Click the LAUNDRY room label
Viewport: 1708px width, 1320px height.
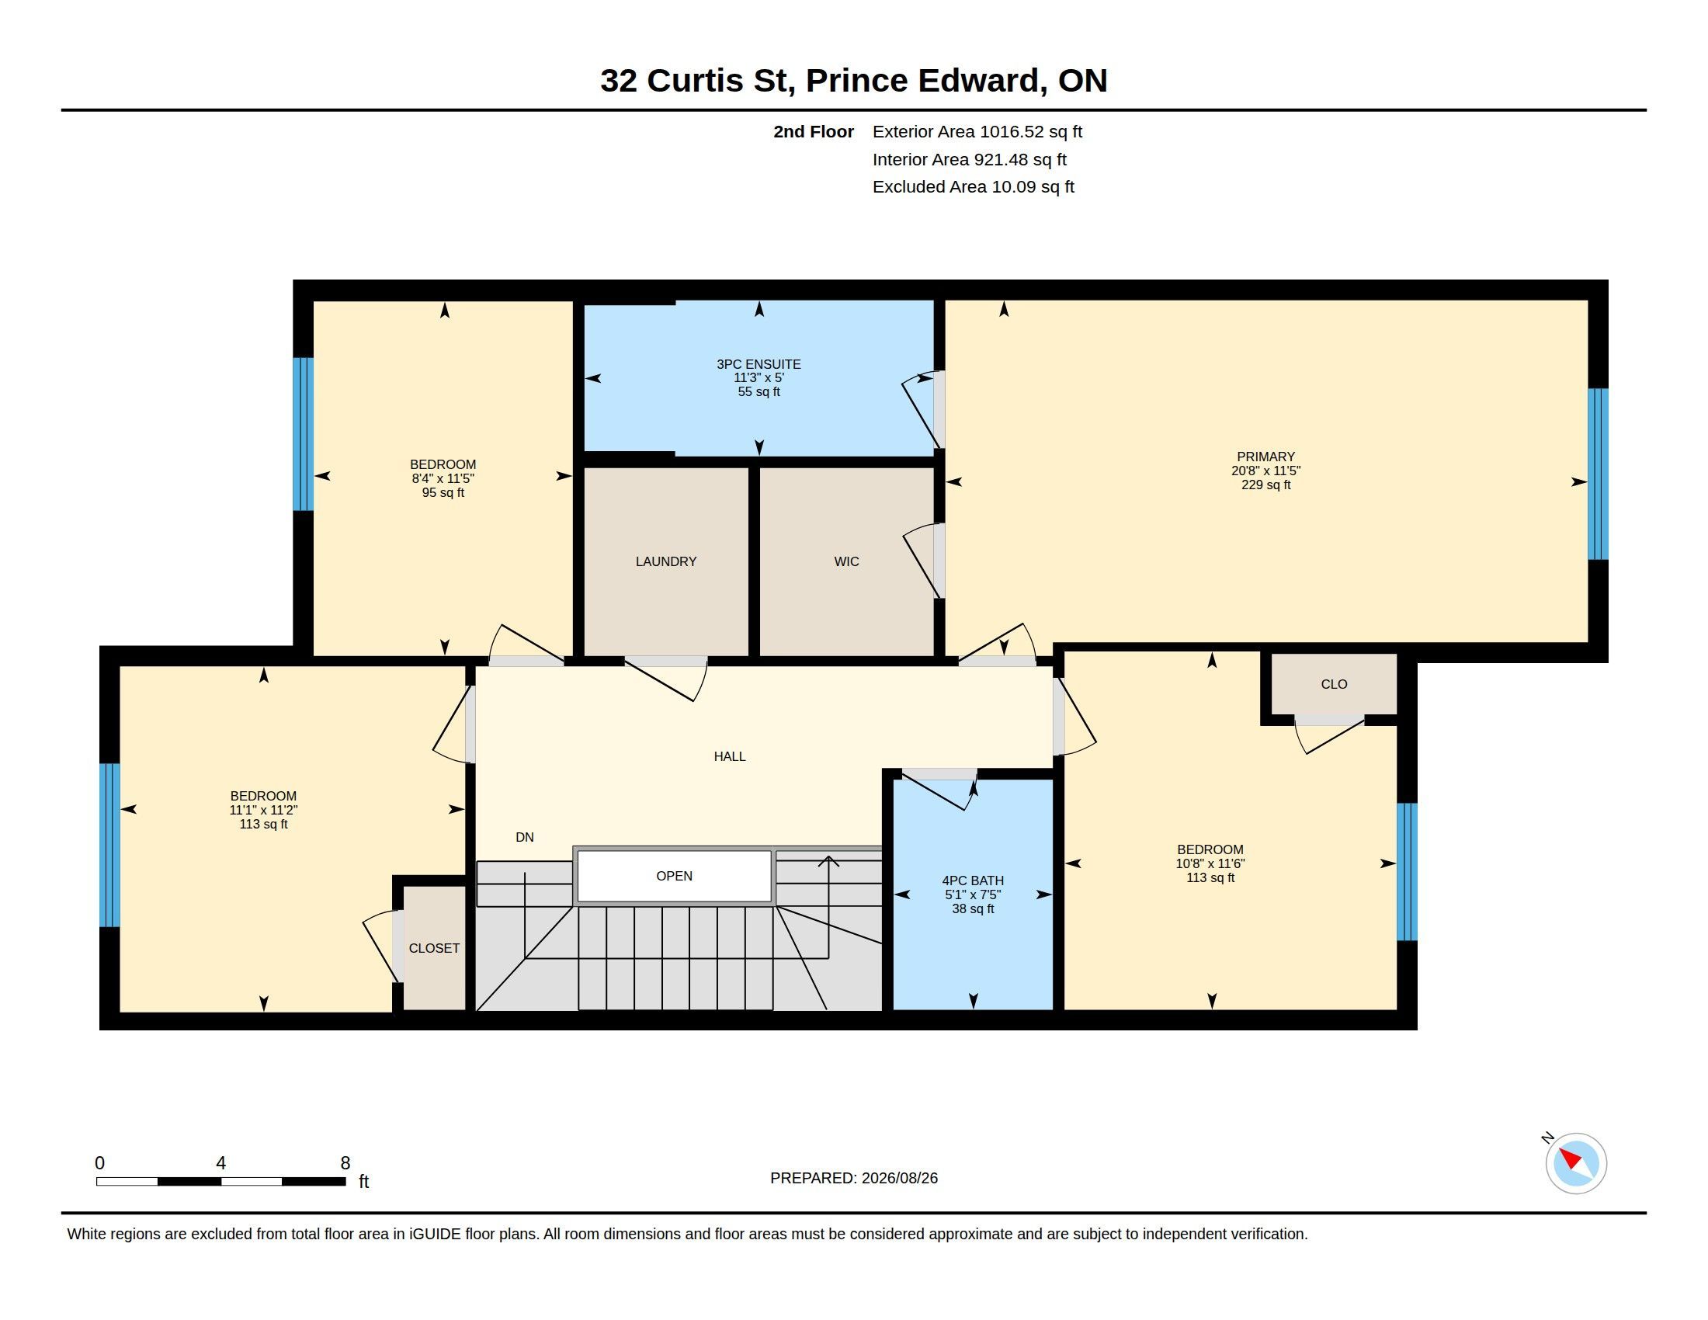(x=665, y=561)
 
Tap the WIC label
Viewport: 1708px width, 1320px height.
(x=846, y=561)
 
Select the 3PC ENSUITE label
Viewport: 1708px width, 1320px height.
(x=759, y=364)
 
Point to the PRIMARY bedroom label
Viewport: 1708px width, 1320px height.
(x=1265, y=457)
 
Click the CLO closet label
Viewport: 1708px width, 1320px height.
(x=1333, y=684)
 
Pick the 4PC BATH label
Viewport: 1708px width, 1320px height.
(x=973, y=881)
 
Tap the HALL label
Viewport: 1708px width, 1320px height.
(x=730, y=756)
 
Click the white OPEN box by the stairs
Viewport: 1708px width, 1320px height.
(x=674, y=876)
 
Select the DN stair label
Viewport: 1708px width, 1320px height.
(x=525, y=838)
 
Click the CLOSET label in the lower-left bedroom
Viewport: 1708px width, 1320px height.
(x=434, y=949)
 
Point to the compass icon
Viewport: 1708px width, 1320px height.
(x=1575, y=1164)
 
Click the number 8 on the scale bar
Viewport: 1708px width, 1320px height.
(x=345, y=1163)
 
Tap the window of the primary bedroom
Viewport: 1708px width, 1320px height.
(x=1598, y=474)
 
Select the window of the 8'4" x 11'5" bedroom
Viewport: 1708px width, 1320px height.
(x=304, y=434)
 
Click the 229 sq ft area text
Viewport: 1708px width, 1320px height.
(x=1265, y=485)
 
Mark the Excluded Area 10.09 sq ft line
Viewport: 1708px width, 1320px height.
(x=973, y=187)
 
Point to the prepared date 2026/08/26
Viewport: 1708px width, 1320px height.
(x=899, y=1178)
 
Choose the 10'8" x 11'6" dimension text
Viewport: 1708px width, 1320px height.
(x=1210, y=864)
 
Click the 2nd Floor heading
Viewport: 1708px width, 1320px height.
(x=814, y=131)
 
